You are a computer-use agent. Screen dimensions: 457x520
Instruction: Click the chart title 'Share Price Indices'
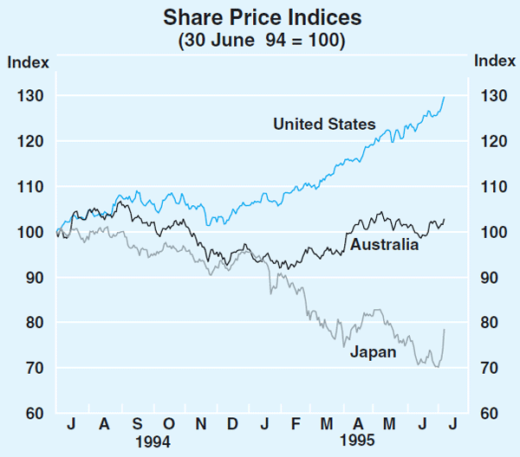coord(259,18)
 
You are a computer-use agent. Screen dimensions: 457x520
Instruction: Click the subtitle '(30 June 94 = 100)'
coord(259,40)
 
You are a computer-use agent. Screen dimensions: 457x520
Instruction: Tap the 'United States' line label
coord(324,125)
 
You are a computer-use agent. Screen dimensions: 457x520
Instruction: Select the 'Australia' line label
coord(384,245)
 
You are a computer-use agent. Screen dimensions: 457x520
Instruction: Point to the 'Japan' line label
coord(373,352)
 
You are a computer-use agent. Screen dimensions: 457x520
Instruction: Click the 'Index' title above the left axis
coord(28,61)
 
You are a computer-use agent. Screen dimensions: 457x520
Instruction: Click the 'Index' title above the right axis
coord(494,61)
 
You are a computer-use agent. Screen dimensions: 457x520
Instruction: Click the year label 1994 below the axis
coord(153,441)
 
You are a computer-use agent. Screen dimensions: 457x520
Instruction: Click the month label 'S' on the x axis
coord(137,424)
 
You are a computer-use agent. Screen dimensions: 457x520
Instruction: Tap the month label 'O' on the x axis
coord(169,424)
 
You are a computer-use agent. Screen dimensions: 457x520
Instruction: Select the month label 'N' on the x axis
coord(201,424)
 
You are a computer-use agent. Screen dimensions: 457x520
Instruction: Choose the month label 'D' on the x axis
coord(232,424)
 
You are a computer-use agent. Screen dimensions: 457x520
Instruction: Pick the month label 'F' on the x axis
coord(296,424)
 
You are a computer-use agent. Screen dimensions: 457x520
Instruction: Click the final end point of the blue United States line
coord(445,97)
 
